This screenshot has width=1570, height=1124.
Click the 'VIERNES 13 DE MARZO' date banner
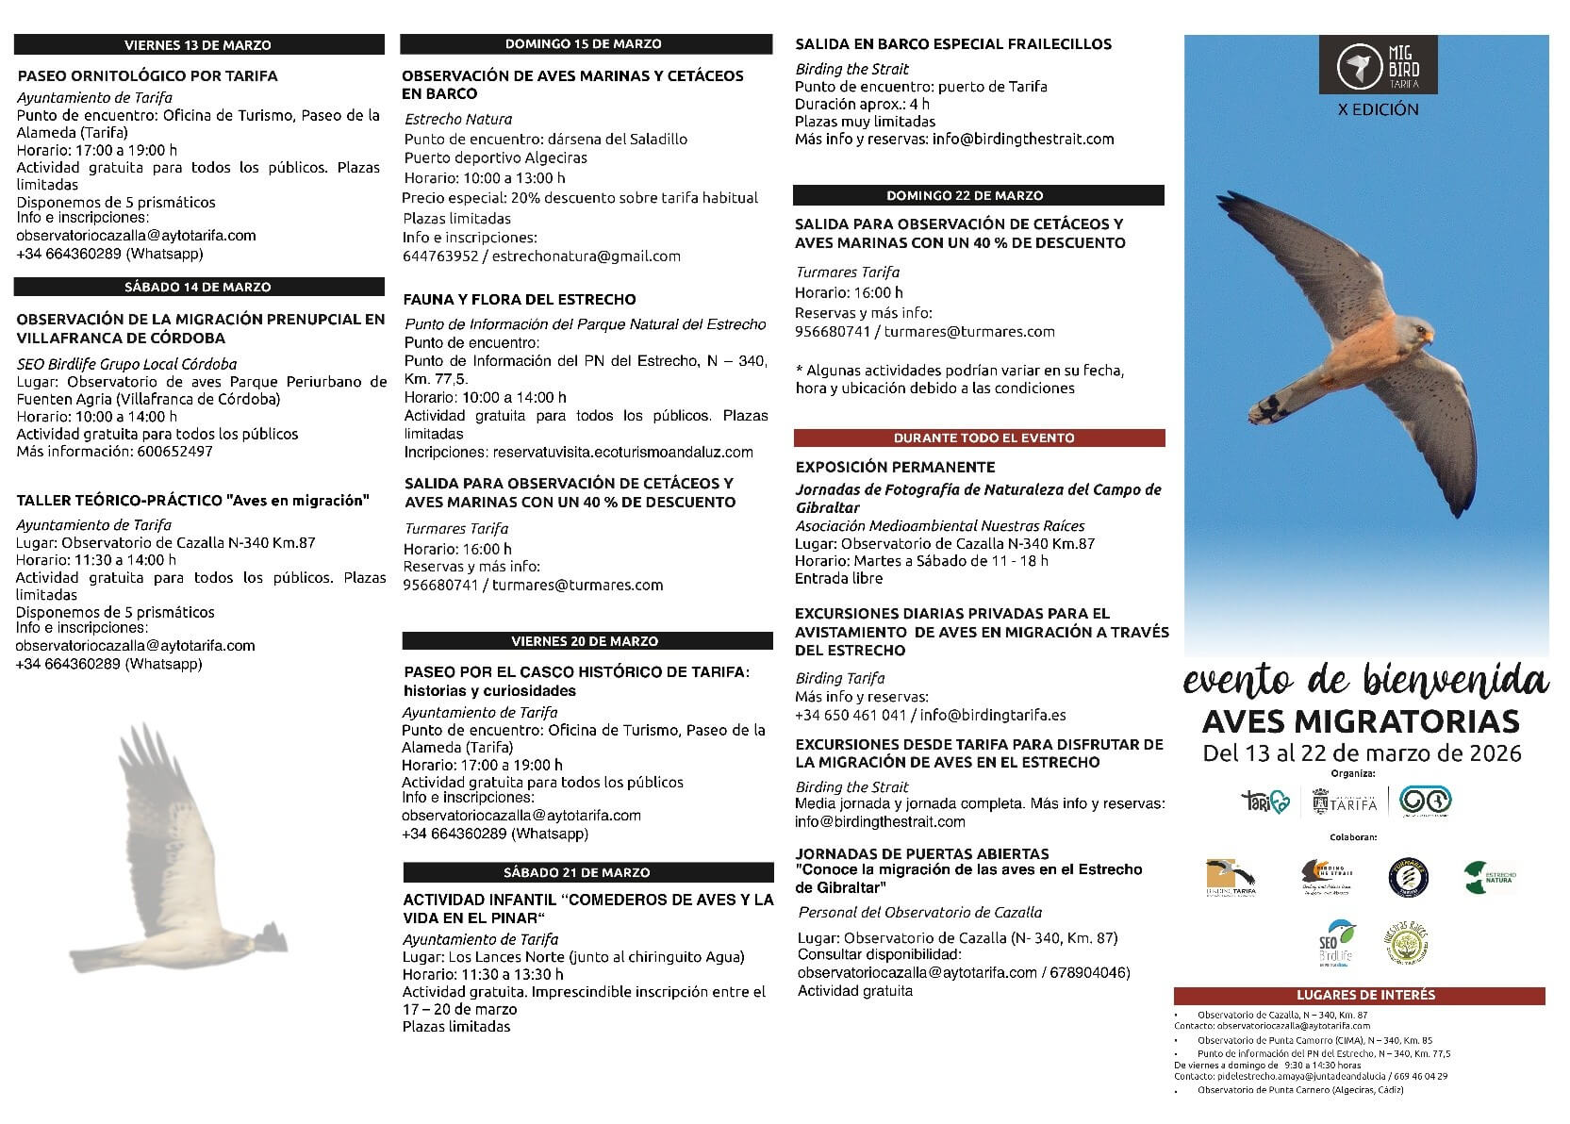click(x=198, y=44)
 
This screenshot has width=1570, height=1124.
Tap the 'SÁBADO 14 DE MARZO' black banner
click(x=198, y=287)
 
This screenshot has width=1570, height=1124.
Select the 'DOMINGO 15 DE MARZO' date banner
click(x=584, y=43)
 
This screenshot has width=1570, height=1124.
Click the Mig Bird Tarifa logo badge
click(x=1379, y=64)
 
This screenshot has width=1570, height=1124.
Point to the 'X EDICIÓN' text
click(x=1379, y=109)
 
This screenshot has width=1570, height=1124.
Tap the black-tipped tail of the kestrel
click(x=1269, y=406)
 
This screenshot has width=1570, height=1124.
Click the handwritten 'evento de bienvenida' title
click(x=1364, y=680)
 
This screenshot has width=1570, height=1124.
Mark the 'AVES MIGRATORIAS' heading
click(x=1361, y=722)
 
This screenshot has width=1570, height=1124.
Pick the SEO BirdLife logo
click(x=1337, y=944)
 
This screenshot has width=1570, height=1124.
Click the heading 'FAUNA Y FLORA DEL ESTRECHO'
click(x=520, y=299)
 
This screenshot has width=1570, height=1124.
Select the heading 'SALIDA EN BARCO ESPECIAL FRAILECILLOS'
click(x=953, y=43)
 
